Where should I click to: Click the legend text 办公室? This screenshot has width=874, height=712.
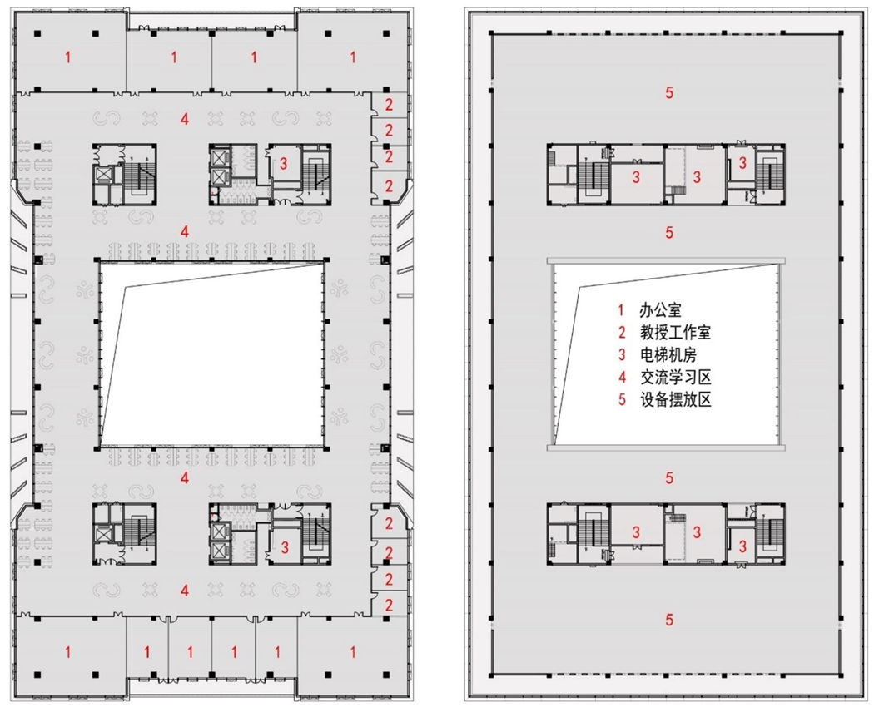coord(661,310)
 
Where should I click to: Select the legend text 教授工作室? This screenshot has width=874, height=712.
coord(676,333)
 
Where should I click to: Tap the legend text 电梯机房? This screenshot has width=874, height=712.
coord(668,355)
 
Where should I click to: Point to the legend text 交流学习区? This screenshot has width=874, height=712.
coord(676,377)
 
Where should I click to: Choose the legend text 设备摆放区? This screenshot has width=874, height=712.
coord(676,399)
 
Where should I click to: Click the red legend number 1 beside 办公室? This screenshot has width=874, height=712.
coord(621,310)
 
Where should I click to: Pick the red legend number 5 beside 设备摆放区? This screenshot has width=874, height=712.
coord(622,399)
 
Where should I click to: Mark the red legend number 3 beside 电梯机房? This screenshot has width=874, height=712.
coord(622,355)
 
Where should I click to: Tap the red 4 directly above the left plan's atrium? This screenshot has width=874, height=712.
coord(185,231)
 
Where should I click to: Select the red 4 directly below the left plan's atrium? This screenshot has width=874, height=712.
coord(185,478)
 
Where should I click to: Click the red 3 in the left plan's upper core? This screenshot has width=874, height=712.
coord(284,164)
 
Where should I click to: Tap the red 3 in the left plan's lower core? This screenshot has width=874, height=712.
coord(285,547)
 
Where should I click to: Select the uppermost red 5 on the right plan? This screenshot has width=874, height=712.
coord(669,92)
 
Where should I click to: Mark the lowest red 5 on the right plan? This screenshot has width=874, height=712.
coord(669,619)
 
